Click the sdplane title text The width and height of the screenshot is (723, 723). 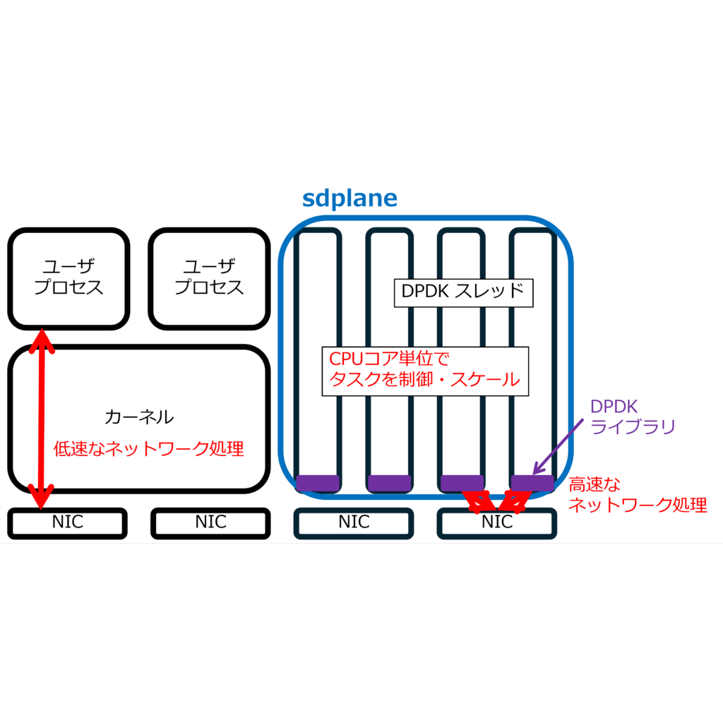click(x=349, y=198)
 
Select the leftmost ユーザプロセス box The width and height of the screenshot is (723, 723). click(x=68, y=277)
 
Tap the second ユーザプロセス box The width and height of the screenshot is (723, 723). click(x=209, y=277)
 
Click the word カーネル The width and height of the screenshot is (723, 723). click(x=138, y=417)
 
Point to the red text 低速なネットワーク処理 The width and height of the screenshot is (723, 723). click(x=149, y=448)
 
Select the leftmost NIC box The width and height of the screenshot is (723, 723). click(x=68, y=522)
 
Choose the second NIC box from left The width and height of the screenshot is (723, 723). click(x=210, y=522)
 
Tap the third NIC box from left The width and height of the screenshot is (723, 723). click(x=354, y=522)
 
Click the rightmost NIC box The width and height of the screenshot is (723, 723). click(x=497, y=522)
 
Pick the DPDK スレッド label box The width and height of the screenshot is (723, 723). click(x=462, y=292)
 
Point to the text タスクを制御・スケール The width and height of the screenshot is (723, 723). click(x=424, y=381)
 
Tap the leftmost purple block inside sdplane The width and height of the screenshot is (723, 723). click(x=317, y=483)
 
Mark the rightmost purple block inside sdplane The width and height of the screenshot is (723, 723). click(x=532, y=483)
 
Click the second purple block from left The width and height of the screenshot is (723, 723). click(x=389, y=483)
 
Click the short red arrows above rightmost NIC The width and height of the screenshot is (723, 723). click(x=497, y=501)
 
